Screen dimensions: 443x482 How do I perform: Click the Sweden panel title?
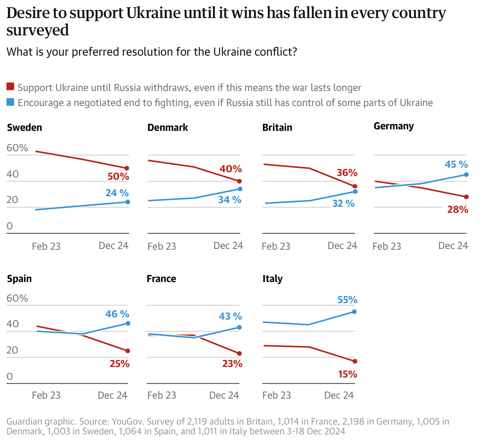click(24, 127)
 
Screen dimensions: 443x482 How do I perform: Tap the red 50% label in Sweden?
click(118, 177)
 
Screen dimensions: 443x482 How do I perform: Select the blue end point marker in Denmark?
click(240, 189)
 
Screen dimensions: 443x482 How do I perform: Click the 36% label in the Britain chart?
click(347, 173)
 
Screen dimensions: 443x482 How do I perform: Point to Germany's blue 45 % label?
click(456, 164)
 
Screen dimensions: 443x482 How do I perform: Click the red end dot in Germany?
click(467, 197)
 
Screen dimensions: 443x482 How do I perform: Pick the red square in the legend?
click(11, 87)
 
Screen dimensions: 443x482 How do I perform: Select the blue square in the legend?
click(11, 102)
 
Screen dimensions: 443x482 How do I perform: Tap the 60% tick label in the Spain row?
click(17, 299)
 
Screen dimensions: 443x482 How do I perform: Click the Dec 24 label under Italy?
click(339, 395)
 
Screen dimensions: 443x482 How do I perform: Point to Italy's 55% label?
click(347, 300)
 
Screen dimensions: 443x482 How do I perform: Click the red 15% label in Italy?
click(347, 374)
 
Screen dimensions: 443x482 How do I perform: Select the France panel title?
click(161, 279)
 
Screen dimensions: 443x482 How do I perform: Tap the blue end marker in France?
click(239, 328)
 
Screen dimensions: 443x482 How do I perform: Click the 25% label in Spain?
click(120, 364)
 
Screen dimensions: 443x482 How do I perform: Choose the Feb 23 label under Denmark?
click(162, 246)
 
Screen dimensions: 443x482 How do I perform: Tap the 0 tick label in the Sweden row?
click(10, 226)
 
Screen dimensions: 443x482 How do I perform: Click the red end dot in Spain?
click(128, 351)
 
